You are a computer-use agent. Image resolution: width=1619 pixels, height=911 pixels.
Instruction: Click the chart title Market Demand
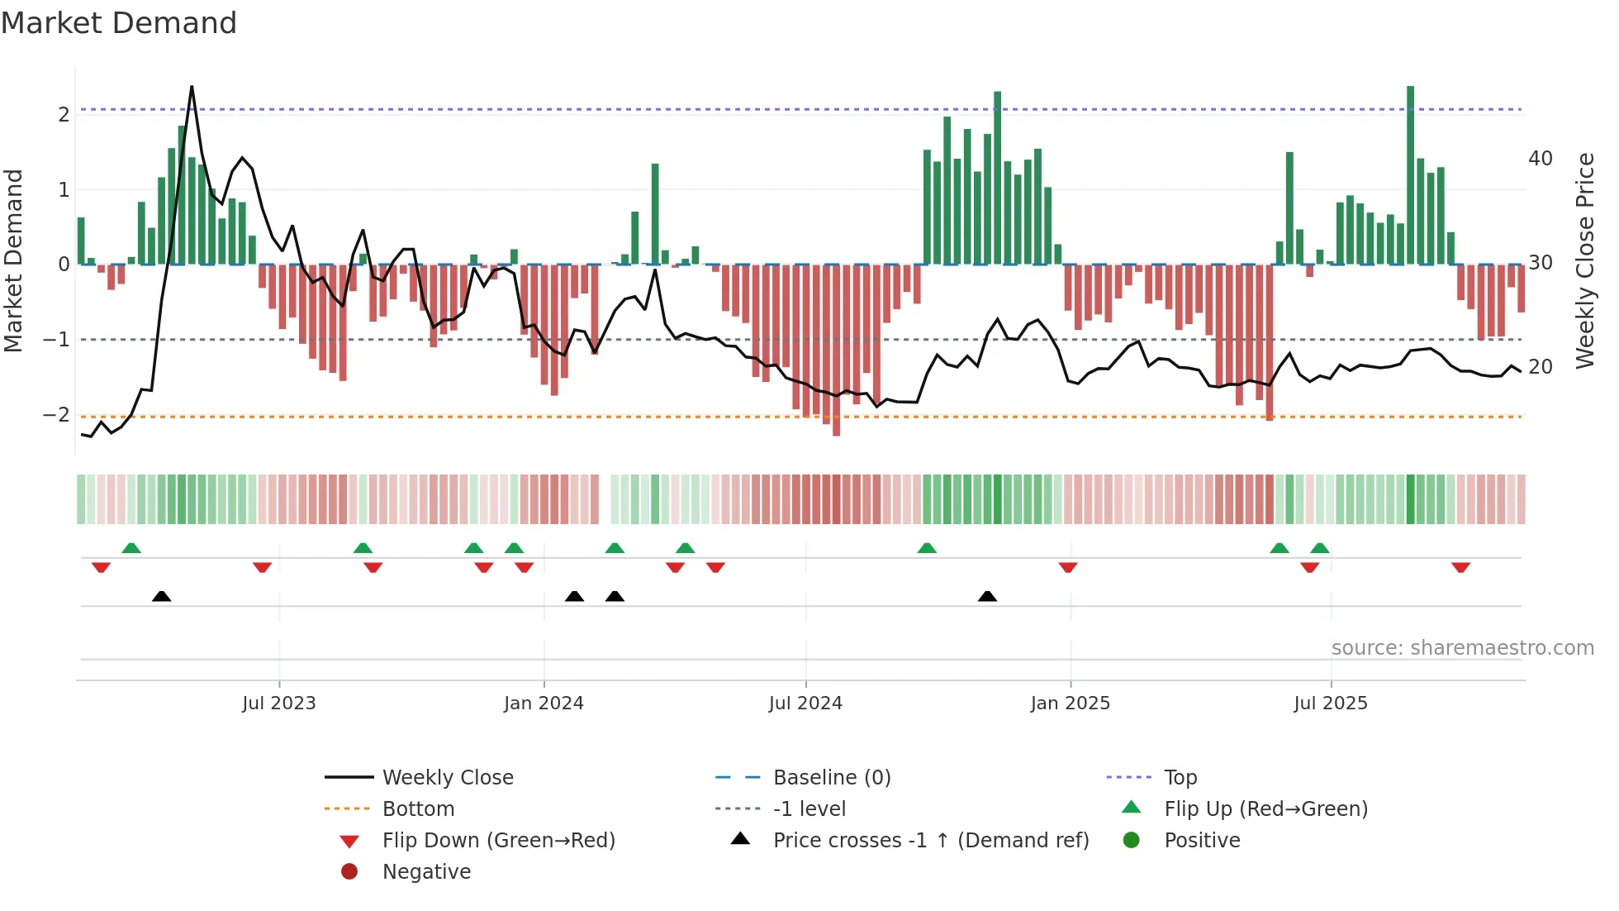(119, 23)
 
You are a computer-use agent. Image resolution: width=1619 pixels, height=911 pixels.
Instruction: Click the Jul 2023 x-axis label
(278, 704)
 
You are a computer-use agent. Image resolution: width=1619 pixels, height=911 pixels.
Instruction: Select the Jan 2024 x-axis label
(544, 704)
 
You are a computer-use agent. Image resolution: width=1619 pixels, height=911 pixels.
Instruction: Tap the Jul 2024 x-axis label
(805, 704)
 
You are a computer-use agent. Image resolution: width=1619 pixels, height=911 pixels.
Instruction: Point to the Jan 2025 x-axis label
(1070, 704)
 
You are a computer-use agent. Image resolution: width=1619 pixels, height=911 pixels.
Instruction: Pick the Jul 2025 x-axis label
(1331, 704)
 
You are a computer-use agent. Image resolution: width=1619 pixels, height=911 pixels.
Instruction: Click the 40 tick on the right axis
(1541, 159)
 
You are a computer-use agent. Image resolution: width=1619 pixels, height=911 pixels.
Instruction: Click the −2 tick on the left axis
(57, 415)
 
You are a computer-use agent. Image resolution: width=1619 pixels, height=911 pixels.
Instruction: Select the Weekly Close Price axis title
(1585, 260)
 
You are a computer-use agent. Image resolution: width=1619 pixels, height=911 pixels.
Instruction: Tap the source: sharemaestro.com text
(1462, 648)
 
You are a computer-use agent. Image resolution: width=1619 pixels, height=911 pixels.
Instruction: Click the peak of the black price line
(192, 87)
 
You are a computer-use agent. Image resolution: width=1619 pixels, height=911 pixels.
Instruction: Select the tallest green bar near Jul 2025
(1410, 174)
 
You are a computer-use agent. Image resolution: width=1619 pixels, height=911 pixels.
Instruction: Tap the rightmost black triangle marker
(987, 596)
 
